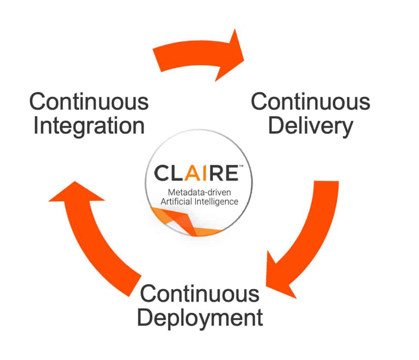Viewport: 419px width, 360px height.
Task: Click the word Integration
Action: pyautogui.click(x=89, y=126)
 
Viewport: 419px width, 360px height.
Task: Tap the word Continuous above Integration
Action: pyautogui.click(x=89, y=102)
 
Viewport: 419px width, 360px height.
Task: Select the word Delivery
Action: pyautogui.click(x=310, y=126)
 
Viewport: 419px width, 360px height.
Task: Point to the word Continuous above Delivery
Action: pyautogui.click(x=310, y=102)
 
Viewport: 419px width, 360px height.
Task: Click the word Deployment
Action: pyautogui.click(x=201, y=319)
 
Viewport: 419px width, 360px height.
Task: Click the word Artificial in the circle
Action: pyautogui.click(x=175, y=201)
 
